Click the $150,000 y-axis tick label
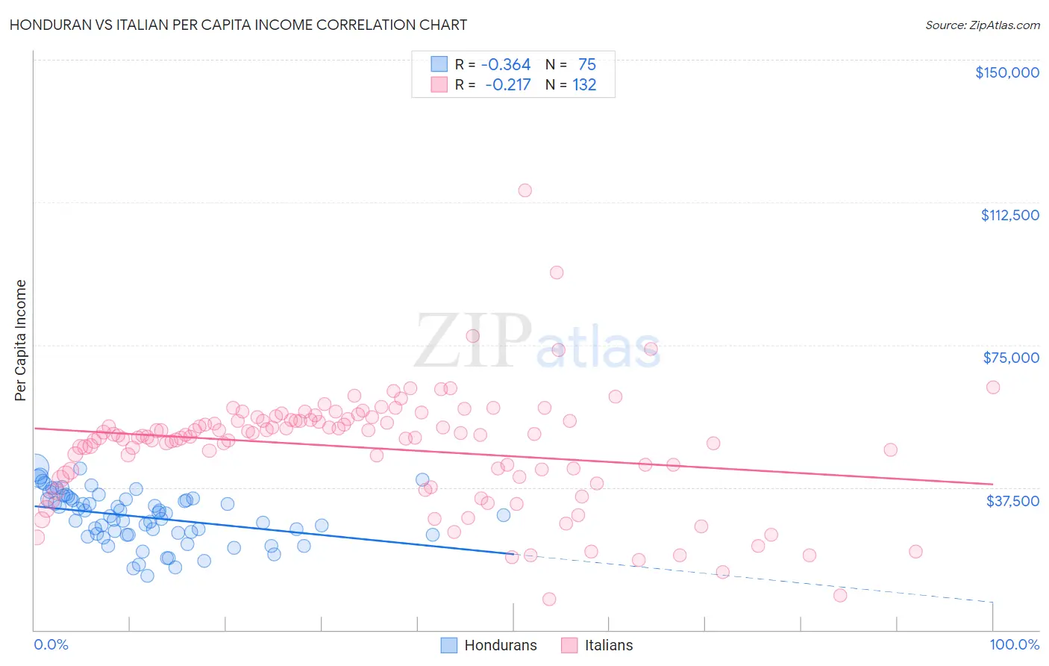[x=1006, y=72]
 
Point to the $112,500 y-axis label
[x=1009, y=215]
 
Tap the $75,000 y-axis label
[x=1011, y=358]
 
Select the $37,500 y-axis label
[x=1012, y=501]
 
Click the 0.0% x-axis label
[x=51, y=644]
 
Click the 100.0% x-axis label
[x=1014, y=644]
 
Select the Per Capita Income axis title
[x=21, y=340]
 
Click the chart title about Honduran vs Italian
[x=238, y=25]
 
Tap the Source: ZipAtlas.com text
[x=982, y=25]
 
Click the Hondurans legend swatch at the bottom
[x=448, y=645]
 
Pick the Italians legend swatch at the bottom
[x=569, y=645]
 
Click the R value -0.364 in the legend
[x=505, y=65]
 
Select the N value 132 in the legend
[x=584, y=85]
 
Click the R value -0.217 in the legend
[x=507, y=85]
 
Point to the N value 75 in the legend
[x=586, y=65]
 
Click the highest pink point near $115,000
[x=525, y=190]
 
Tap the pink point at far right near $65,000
[x=993, y=387]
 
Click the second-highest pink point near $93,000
[x=557, y=273]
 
